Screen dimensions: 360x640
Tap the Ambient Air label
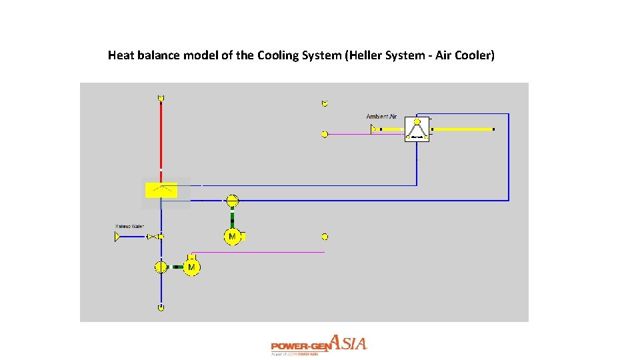(x=381, y=117)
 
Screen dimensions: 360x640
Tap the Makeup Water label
(x=129, y=227)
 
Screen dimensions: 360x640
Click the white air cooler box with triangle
(x=417, y=129)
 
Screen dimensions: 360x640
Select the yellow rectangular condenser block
(x=161, y=190)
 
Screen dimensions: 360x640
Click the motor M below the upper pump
(x=232, y=237)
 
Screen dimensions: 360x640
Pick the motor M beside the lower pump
(x=191, y=267)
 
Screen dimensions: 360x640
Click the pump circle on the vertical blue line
(x=161, y=267)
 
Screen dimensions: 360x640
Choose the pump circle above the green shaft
(x=232, y=199)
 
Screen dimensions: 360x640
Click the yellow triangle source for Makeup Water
(x=119, y=237)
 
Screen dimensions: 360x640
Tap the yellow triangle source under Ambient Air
(x=374, y=129)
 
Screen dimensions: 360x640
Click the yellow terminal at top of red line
(x=161, y=98)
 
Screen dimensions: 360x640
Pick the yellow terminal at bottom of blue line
(x=161, y=307)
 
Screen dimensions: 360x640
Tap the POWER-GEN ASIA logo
(x=319, y=345)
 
